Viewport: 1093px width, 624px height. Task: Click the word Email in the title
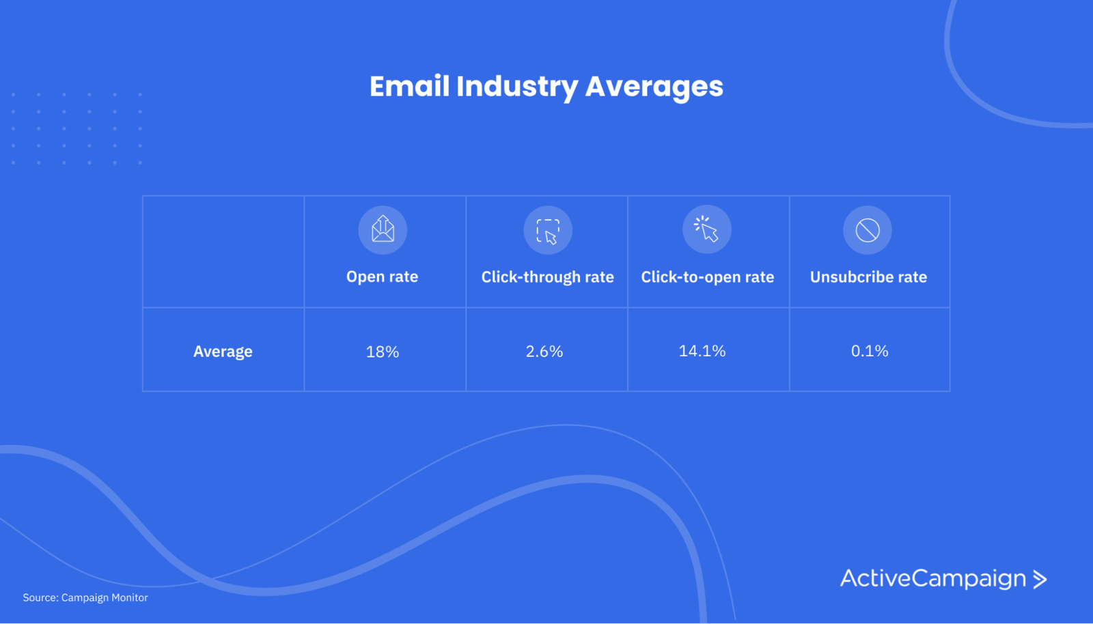pos(409,86)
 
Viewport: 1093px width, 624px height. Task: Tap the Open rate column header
pos(382,276)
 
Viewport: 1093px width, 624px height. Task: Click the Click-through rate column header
pos(547,277)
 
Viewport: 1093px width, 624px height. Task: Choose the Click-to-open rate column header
pos(708,277)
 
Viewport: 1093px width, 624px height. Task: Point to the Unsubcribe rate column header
pos(868,277)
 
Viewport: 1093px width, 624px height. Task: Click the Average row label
pos(223,352)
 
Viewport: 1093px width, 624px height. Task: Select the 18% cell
pos(383,352)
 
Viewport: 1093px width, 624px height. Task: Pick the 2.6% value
pos(544,351)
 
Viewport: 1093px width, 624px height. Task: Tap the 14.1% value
pos(702,350)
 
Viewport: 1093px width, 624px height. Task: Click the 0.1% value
pos(870,350)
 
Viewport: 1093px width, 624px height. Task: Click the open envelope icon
pos(383,229)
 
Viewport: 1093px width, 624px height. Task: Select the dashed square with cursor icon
pos(548,230)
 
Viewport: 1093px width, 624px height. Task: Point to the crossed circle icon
pos(868,230)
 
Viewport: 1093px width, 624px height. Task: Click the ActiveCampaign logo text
pos(933,579)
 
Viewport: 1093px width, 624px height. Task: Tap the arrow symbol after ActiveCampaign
pos(1040,579)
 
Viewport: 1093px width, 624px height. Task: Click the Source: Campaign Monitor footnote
pos(85,597)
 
